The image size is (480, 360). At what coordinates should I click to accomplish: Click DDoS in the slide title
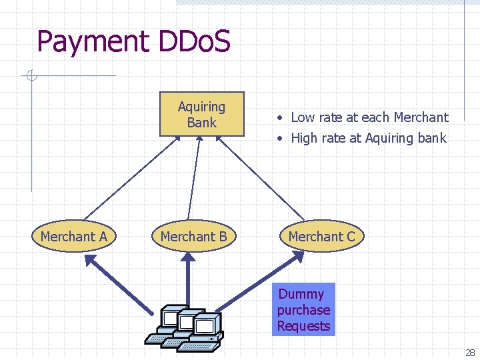pyautogui.click(x=195, y=41)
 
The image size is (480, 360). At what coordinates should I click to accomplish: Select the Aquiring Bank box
pyautogui.click(x=201, y=114)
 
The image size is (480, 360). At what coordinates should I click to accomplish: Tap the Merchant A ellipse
pyautogui.click(x=73, y=236)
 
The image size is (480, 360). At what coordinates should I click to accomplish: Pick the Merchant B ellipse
pyautogui.click(x=193, y=236)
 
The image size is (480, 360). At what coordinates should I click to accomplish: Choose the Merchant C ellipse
pyautogui.click(x=321, y=236)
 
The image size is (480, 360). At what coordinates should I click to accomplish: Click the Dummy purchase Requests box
pyautogui.click(x=304, y=310)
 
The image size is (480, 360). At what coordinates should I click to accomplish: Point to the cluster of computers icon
pyautogui.click(x=185, y=327)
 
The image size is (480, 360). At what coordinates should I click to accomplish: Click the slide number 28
pyautogui.click(x=470, y=353)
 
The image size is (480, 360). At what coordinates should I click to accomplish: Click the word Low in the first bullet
pyautogui.click(x=303, y=117)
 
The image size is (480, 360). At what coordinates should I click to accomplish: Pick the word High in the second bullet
pyautogui.click(x=305, y=139)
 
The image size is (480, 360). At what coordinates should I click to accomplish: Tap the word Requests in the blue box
pyautogui.click(x=304, y=326)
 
